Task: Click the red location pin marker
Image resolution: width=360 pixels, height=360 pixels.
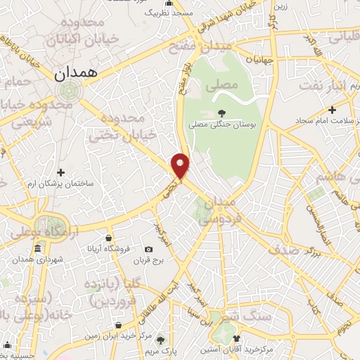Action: pos(181,165)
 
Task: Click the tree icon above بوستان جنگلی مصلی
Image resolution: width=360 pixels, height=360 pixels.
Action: pos(221,112)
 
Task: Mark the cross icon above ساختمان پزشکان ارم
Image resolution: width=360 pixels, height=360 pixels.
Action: pos(60,172)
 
